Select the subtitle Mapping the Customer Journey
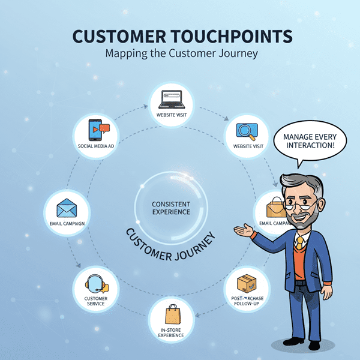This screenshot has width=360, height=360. (181, 53)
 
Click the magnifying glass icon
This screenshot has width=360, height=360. (246, 130)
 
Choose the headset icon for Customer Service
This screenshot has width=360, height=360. (96, 283)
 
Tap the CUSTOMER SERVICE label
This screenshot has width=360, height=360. (96, 300)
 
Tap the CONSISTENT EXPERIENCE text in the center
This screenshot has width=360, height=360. (171, 208)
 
